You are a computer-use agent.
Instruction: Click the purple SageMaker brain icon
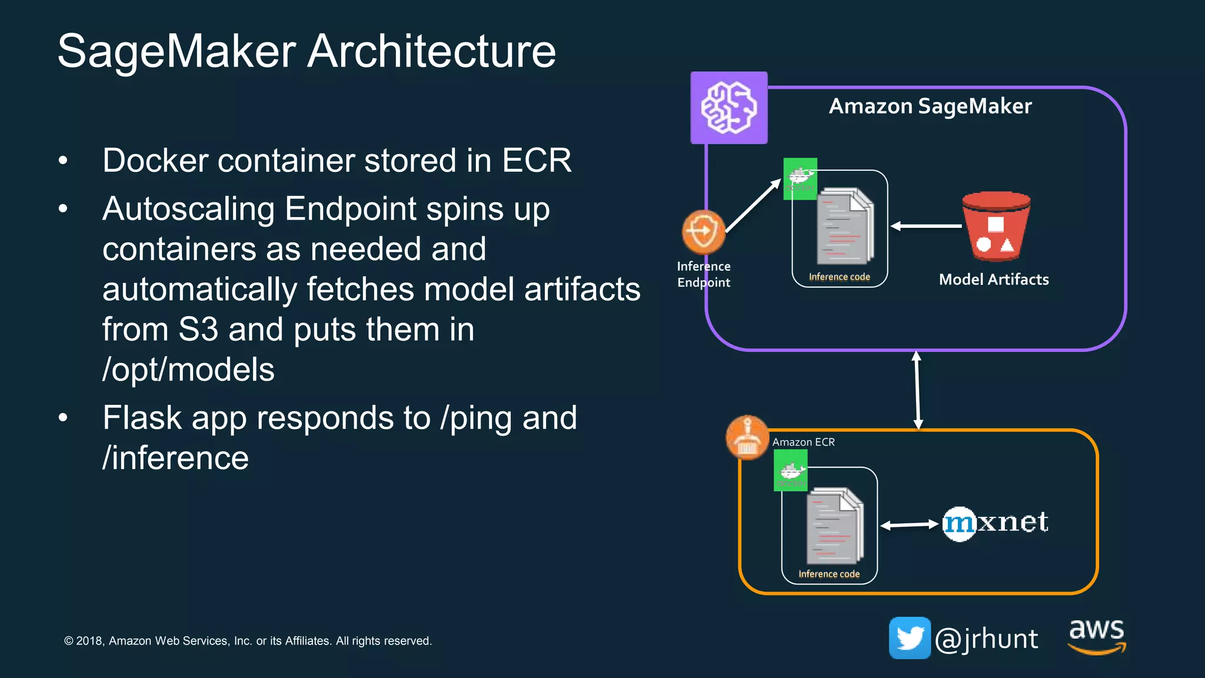728,108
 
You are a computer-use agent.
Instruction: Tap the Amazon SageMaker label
930,107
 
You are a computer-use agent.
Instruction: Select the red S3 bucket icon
996,226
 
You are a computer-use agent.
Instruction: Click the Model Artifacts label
994,280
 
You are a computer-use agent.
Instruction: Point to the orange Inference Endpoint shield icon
703,231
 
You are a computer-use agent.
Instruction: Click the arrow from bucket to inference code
926,226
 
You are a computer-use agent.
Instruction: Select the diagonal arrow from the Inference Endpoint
753,206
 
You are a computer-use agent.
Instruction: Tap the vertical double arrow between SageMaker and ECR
917,390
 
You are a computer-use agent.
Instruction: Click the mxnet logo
995,523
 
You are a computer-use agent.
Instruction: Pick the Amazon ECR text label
803,442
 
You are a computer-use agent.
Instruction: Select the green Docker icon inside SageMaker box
800,178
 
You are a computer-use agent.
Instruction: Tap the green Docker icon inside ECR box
790,470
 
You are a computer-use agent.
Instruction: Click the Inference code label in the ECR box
829,574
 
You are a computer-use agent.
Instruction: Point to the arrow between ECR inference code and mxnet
910,524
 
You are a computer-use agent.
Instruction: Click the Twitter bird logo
909,638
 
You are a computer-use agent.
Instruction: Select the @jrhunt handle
986,639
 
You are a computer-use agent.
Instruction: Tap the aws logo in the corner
1097,636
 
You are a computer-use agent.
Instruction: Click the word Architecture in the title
431,51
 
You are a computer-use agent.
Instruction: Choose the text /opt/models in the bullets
188,370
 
